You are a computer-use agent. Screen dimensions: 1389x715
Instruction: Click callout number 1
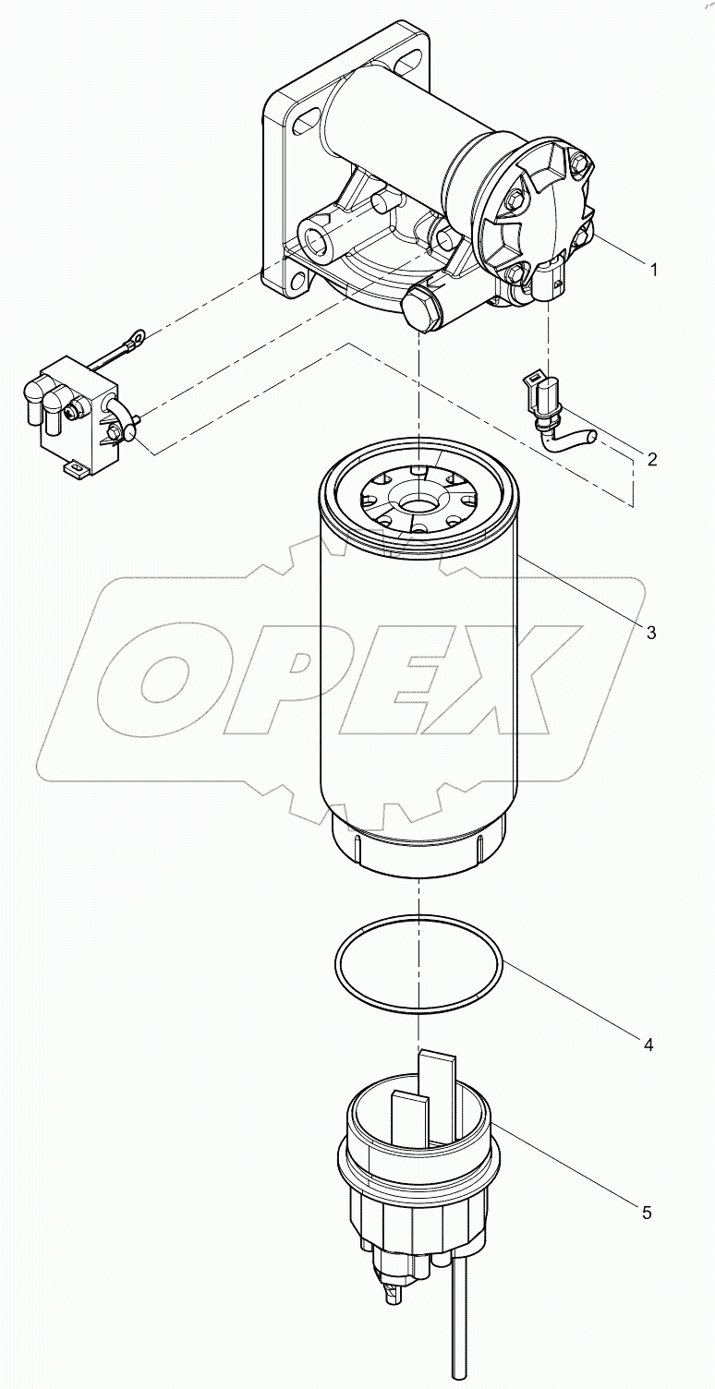click(653, 270)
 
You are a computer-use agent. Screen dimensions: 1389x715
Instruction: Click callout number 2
click(651, 459)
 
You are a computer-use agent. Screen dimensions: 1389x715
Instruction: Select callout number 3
click(650, 633)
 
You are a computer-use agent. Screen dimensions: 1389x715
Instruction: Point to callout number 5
click(646, 1213)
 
